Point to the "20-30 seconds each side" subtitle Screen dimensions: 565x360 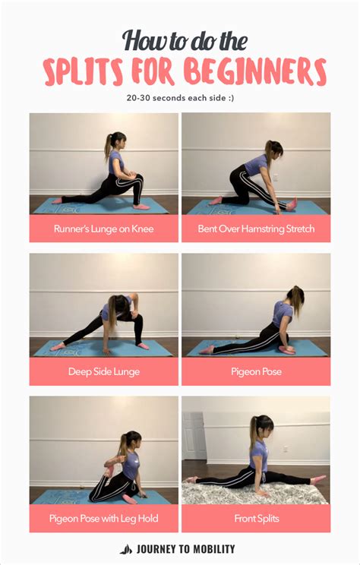coord(179,97)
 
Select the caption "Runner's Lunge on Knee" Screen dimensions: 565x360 coord(103,228)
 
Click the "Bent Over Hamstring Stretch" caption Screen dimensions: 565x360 coord(256,228)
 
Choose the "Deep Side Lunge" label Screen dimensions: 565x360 coord(103,372)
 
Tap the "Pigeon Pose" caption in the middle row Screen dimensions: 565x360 coord(256,372)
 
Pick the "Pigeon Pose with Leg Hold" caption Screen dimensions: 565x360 coord(103,519)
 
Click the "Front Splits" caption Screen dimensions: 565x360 coord(256,519)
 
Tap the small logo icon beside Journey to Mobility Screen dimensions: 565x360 coord(126,549)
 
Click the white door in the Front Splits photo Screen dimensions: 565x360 coord(194,436)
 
